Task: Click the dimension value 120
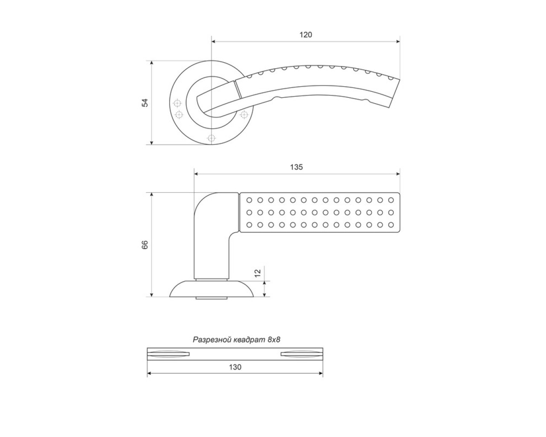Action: pyautogui.click(x=305, y=35)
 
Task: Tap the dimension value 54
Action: pyautogui.click(x=145, y=102)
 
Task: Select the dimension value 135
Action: pyautogui.click(x=296, y=167)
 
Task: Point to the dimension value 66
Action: pyautogui.click(x=145, y=245)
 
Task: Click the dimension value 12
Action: pyautogui.click(x=258, y=273)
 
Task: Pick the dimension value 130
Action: pyautogui.click(x=235, y=367)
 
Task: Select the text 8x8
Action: pyautogui.click(x=274, y=340)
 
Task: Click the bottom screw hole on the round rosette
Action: pyautogui.click(x=211, y=138)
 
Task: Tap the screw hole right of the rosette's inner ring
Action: pyautogui.click(x=244, y=115)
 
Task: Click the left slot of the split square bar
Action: pyautogui.click(x=168, y=354)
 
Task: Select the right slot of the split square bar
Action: pyautogui.click(x=302, y=354)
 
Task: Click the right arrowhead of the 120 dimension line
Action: pyautogui.click(x=398, y=41)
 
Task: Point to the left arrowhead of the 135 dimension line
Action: pyautogui.click(x=196, y=174)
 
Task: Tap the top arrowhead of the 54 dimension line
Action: pyautogui.click(x=152, y=63)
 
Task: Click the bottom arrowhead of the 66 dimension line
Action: pyautogui.click(x=152, y=294)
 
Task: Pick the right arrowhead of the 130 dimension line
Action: pyautogui.click(x=321, y=373)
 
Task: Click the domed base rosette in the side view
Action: pyautogui.click(x=211, y=289)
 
